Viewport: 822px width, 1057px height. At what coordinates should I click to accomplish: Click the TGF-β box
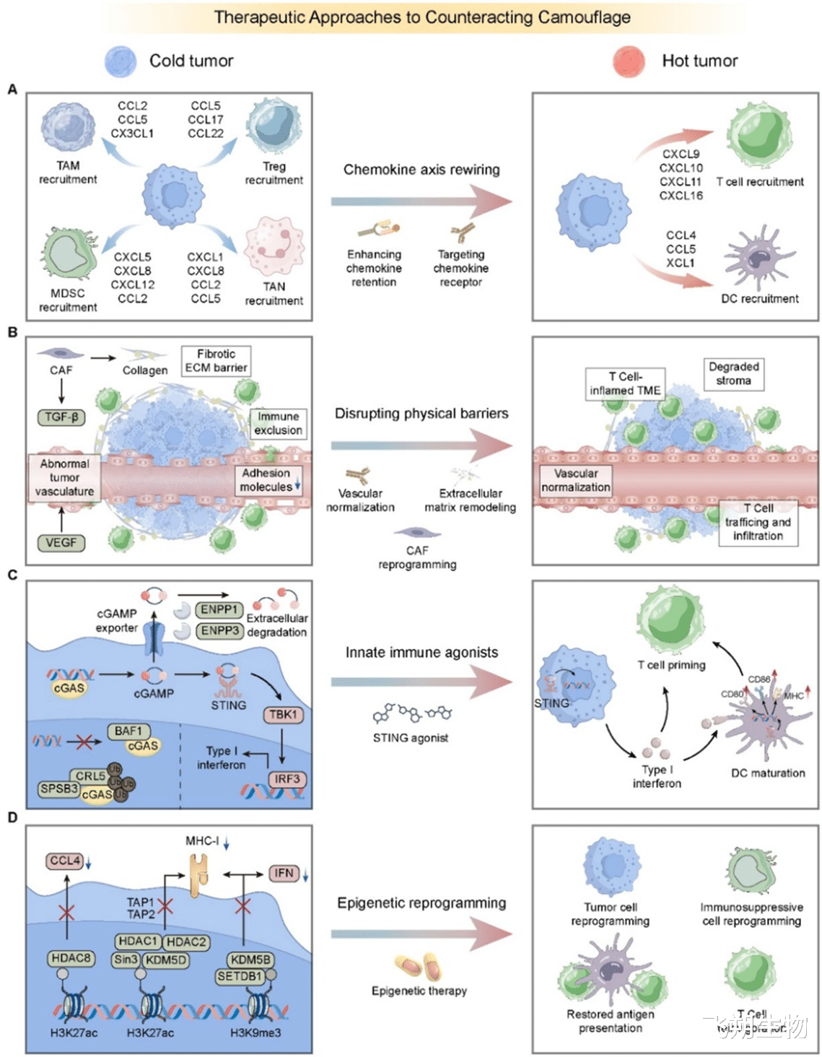click(61, 417)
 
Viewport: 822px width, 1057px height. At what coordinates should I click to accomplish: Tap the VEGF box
click(61, 542)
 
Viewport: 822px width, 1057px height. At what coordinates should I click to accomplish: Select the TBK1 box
click(283, 715)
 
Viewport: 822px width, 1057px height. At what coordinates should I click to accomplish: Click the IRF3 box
click(287, 779)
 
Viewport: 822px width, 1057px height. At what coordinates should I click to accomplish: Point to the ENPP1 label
click(219, 610)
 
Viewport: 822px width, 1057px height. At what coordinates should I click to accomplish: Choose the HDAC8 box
click(71, 958)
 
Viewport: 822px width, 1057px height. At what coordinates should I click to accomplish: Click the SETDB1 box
click(240, 976)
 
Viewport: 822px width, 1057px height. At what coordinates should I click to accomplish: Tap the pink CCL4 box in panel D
click(65, 861)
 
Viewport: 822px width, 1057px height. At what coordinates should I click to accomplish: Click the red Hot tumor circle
click(629, 61)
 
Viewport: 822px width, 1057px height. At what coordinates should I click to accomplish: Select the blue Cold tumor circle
click(121, 61)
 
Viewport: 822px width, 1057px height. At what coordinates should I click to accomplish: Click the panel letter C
click(12, 575)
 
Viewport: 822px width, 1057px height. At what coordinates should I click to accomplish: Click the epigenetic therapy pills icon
click(419, 966)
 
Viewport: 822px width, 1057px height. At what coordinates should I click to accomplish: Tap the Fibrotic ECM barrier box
click(216, 361)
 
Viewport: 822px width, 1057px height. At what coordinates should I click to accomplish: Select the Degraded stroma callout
click(733, 373)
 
